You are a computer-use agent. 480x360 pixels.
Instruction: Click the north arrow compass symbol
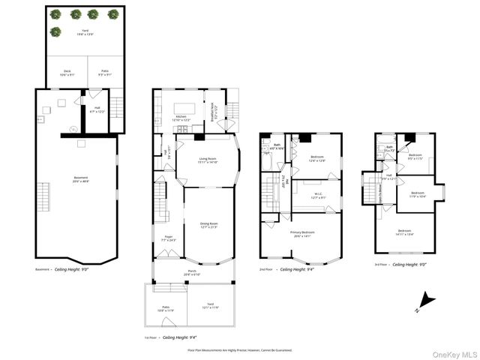tap(425, 301)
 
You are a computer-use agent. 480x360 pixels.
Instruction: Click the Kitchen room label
tap(183, 118)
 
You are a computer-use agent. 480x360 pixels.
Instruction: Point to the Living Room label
tap(208, 160)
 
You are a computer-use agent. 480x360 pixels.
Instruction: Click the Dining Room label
tap(208, 225)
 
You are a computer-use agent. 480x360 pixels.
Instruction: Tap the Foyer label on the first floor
tap(169, 238)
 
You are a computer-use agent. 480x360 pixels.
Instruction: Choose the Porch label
tap(192, 273)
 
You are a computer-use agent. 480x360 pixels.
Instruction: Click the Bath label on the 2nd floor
tap(277, 146)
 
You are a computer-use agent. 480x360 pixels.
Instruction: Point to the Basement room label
tap(75, 179)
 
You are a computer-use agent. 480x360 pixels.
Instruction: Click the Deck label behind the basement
tap(67, 73)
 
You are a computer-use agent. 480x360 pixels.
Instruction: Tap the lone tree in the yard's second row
tap(55, 32)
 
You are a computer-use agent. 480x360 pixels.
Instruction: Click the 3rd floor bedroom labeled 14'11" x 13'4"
tap(405, 232)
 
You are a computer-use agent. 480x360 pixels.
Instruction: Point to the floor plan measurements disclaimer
tap(239, 349)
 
